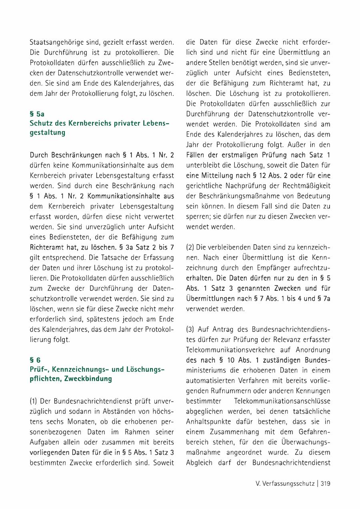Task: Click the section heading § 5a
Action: point(37,114)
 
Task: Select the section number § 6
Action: point(35,360)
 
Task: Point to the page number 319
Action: point(325,483)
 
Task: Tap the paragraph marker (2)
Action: point(190,247)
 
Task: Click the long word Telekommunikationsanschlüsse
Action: point(282,401)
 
